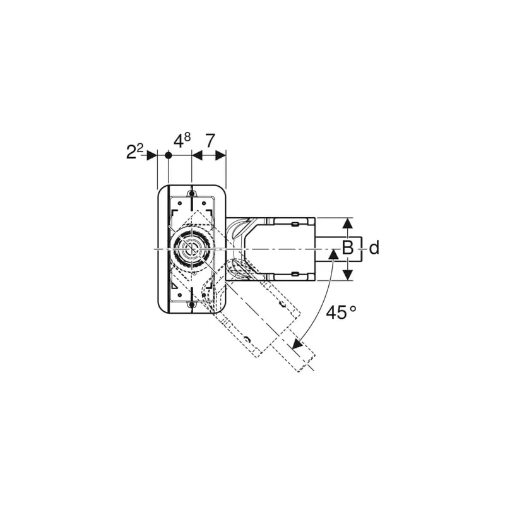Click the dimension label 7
[x=210, y=140]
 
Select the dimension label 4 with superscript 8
[x=182, y=140]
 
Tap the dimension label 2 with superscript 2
[x=134, y=151]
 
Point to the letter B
[x=348, y=248]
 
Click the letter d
[x=374, y=248]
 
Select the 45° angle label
[x=341, y=312]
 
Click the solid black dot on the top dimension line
[x=168, y=155]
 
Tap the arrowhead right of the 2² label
[x=151, y=155]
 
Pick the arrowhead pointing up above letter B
[x=347, y=223]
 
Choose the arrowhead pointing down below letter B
[x=347, y=275]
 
